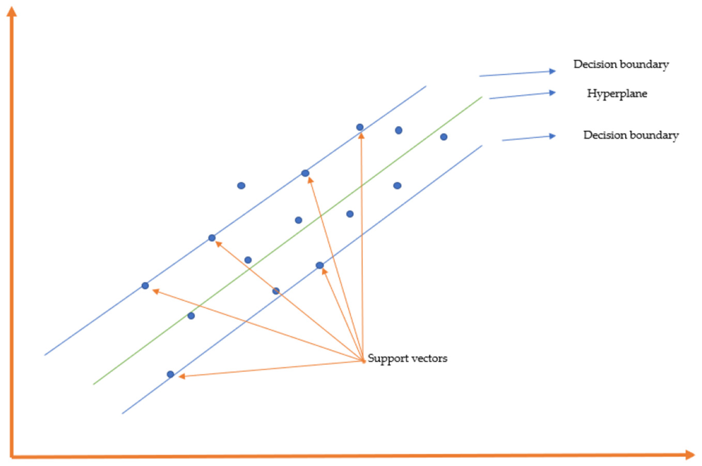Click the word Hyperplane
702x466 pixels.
click(617, 94)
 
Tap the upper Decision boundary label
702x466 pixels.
click(621, 65)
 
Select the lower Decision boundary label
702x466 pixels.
click(631, 136)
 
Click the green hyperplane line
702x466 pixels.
click(288, 240)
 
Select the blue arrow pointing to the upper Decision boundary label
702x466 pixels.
click(517, 73)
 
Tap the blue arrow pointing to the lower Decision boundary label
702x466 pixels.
click(529, 138)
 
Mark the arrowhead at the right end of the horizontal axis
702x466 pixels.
click(690, 455)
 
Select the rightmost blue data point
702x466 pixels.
click(444, 137)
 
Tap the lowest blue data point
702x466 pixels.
click(170, 374)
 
